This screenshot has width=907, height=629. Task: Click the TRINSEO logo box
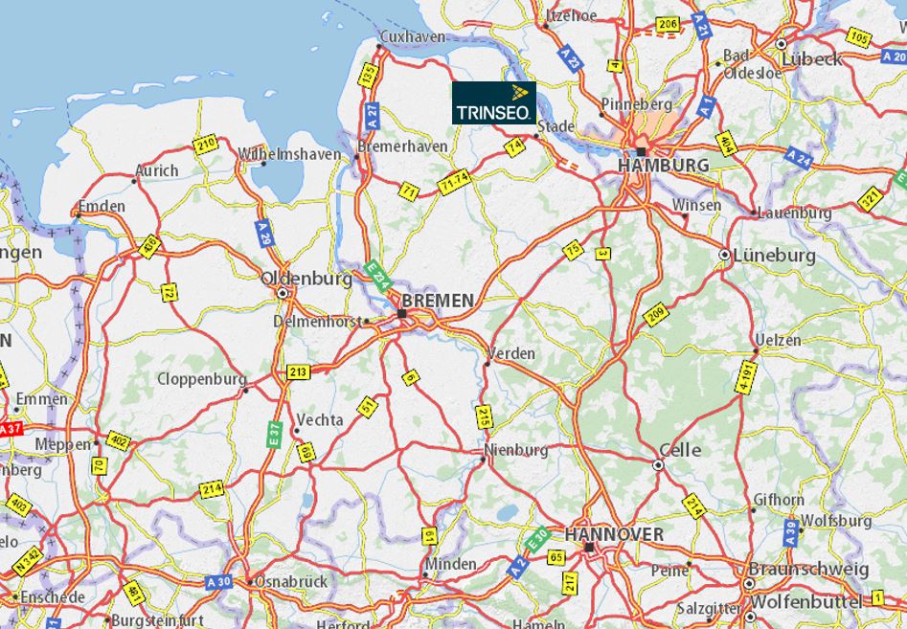494,102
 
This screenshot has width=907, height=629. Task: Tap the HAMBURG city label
665,166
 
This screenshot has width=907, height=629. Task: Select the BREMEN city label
438,301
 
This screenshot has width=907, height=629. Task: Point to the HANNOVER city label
614,533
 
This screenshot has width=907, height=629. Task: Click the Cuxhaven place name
413,36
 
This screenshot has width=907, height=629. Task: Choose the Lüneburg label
774,256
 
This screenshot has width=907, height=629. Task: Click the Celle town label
680,450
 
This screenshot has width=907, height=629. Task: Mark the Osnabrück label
291,581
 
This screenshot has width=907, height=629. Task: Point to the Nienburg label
516,450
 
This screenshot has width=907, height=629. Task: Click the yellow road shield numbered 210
205,146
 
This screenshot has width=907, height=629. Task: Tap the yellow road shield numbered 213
297,371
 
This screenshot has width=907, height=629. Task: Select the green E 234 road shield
377,278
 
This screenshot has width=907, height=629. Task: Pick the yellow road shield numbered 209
655,315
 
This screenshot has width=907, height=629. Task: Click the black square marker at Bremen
402,313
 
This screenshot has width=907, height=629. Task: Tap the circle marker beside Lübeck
782,44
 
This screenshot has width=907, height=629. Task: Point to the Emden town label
102,207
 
